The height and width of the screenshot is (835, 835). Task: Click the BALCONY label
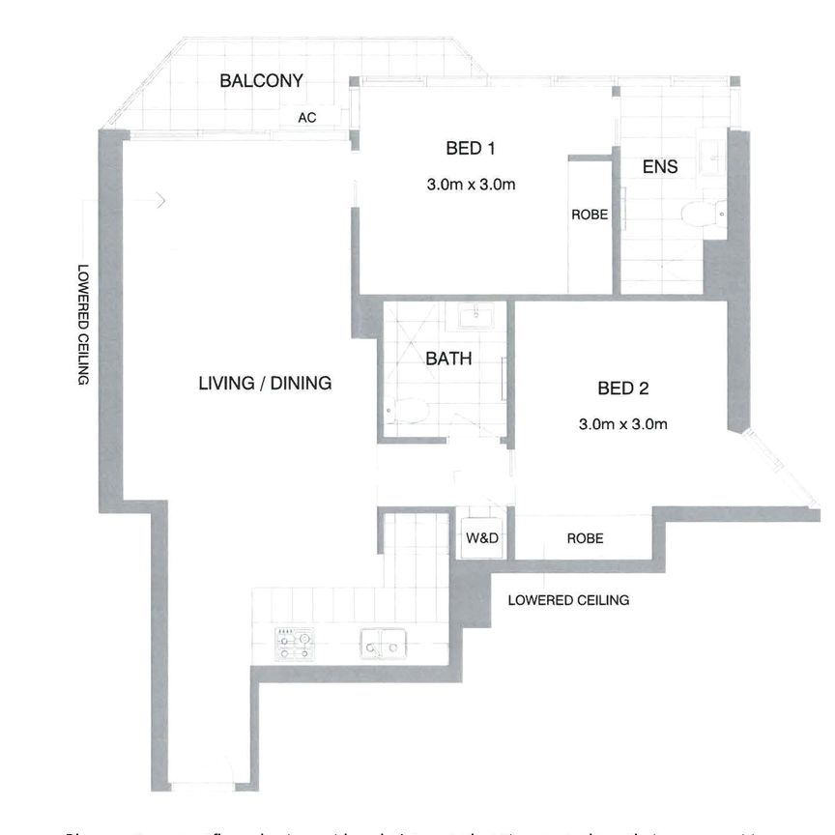tap(261, 81)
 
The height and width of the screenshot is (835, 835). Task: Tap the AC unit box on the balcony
tap(308, 118)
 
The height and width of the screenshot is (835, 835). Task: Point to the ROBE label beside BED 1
tap(590, 215)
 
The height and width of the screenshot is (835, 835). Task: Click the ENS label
tap(660, 166)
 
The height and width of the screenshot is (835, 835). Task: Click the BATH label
tap(449, 359)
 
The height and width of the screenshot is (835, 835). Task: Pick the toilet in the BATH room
tap(410, 411)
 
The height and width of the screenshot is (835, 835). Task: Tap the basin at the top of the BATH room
tap(475, 316)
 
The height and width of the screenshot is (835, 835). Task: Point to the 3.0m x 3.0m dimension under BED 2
tap(623, 423)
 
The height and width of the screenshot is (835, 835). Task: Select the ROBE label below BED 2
tap(585, 538)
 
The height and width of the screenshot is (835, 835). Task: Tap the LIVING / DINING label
tap(265, 383)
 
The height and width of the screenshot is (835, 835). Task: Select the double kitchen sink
tap(382, 643)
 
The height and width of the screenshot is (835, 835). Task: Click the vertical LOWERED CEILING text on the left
tap(83, 324)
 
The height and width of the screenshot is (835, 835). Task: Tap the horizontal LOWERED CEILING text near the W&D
tap(568, 600)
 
